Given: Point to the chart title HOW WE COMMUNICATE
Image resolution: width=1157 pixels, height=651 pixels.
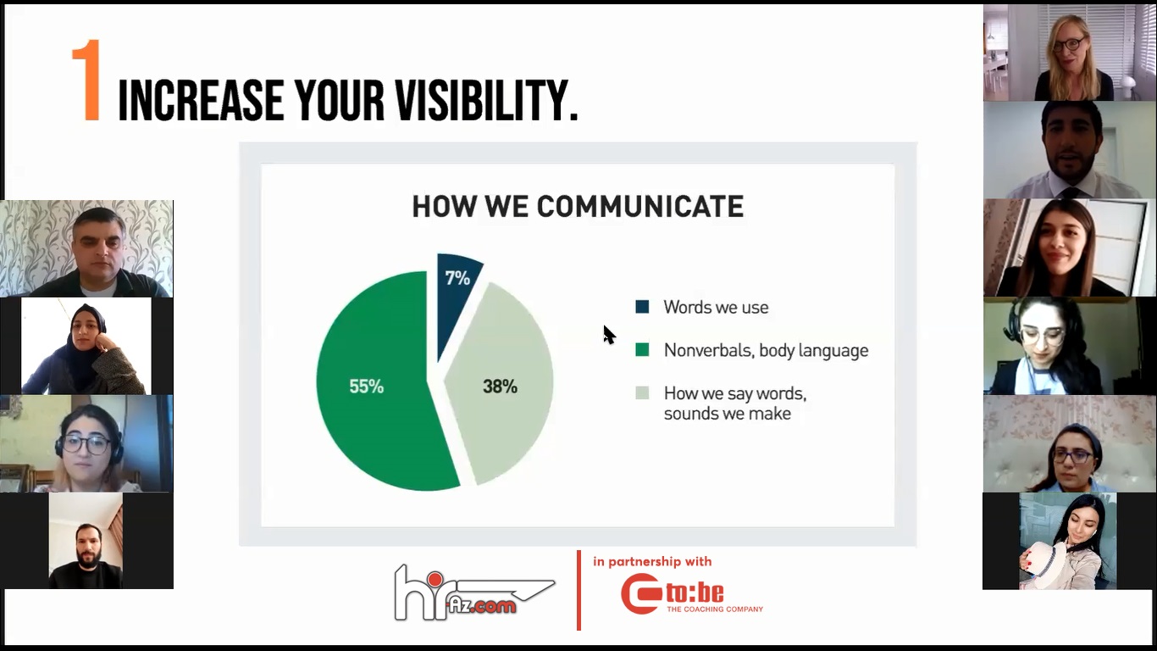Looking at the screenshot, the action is coord(578,206).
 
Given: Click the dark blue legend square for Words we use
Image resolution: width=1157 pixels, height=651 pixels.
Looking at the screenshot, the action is coord(642,307).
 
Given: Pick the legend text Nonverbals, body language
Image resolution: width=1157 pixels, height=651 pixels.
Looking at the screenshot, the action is coord(766,351).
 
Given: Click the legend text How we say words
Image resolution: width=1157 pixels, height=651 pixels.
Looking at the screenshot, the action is coord(735,393).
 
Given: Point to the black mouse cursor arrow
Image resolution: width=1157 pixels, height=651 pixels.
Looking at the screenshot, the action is coord(608,334).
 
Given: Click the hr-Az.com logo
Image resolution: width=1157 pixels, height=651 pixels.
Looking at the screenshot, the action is coord(474,593).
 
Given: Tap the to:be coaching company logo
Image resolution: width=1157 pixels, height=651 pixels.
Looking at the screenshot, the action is coord(692,593).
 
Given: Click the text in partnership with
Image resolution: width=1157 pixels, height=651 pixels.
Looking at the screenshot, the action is coord(652,561).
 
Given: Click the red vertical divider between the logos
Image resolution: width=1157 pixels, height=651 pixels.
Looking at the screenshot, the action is coord(579,590).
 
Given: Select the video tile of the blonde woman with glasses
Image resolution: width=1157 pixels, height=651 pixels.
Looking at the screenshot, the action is coord(1069,53).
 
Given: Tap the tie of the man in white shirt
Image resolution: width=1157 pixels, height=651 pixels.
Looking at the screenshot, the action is coord(1071,192).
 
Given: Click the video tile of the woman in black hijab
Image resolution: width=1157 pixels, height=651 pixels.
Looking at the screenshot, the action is coord(86,346).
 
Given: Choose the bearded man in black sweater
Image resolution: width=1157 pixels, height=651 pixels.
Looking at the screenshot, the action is coord(86,556).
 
